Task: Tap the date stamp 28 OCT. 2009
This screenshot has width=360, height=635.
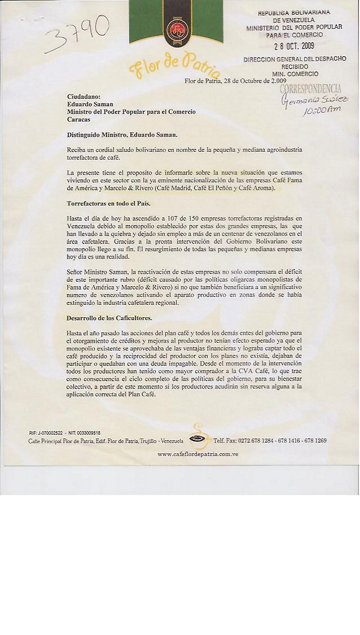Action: click(x=294, y=46)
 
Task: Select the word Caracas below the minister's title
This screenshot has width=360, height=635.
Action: click(x=79, y=120)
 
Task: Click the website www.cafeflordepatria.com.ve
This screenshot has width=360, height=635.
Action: click(x=197, y=453)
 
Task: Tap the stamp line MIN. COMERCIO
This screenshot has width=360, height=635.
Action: click(x=295, y=74)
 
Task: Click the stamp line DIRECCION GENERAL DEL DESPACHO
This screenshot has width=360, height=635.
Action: click(x=295, y=59)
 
